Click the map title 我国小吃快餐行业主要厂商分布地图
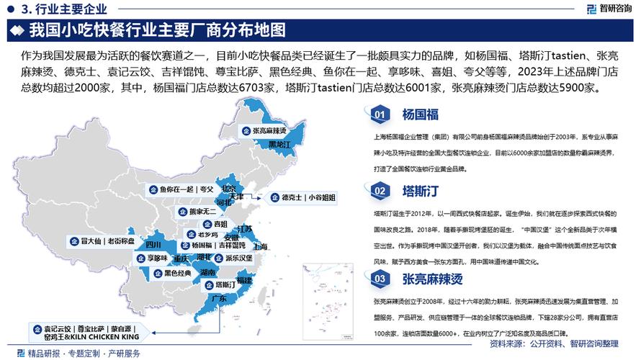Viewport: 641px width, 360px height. (x=157, y=30)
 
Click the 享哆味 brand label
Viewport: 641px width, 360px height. (x=151, y=257)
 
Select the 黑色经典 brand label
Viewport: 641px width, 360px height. (x=171, y=274)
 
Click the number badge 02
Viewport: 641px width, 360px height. (x=378, y=191)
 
